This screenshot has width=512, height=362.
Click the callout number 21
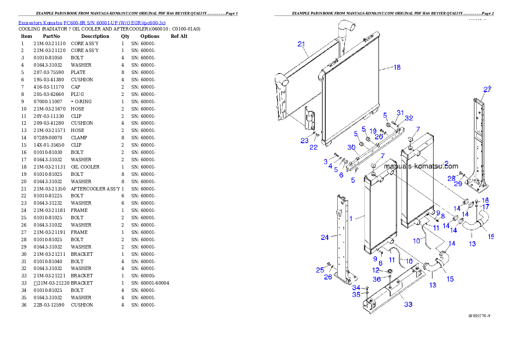click(301, 44)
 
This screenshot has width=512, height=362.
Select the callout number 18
click(397, 67)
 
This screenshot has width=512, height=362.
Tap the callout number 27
click(487, 89)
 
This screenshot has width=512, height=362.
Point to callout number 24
click(325, 237)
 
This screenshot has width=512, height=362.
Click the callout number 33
click(408, 304)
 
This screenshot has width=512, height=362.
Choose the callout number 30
click(352, 147)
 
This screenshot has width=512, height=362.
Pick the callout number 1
click(351, 218)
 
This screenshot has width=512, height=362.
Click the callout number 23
click(305, 140)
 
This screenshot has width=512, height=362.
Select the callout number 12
click(376, 270)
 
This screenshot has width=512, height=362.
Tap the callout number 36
click(376, 279)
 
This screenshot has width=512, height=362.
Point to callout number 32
click(409, 117)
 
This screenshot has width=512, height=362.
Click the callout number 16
click(485, 200)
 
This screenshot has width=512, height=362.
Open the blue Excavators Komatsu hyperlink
click(92, 22)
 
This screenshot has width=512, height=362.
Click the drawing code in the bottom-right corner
click(479, 316)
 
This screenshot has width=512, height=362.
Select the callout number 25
click(320, 270)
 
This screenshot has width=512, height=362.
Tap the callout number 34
click(356, 287)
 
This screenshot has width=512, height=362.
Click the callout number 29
click(458, 184)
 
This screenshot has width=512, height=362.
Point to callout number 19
click(373, 130)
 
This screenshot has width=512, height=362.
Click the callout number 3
click(326, 162)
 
